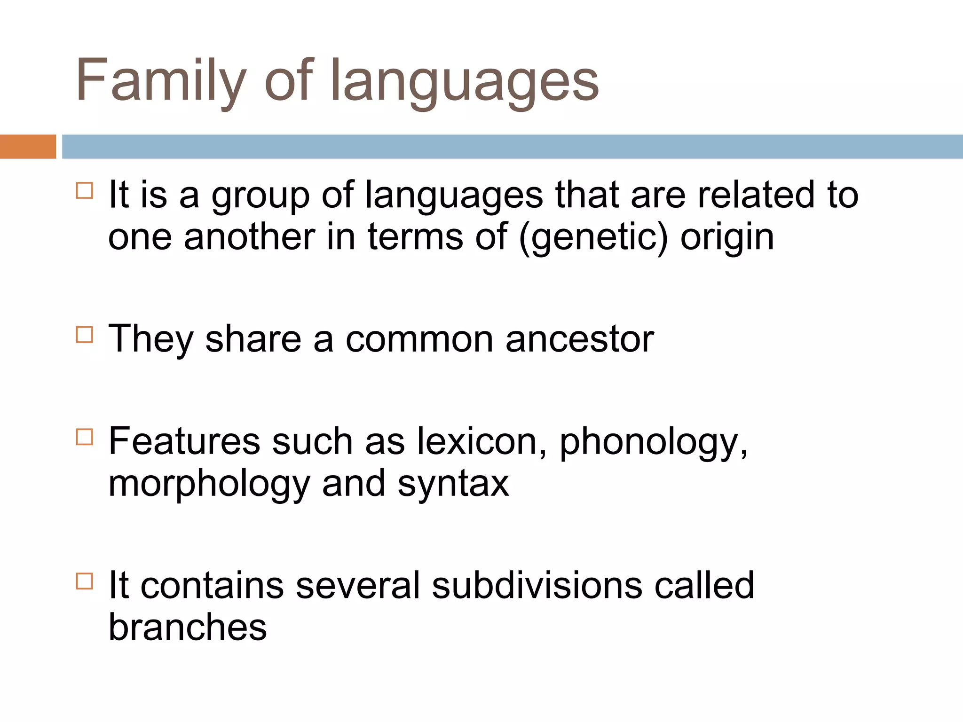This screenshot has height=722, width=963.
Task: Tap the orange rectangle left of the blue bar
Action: (x=28, y=147)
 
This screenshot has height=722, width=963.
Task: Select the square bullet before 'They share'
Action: (x=85, y=335)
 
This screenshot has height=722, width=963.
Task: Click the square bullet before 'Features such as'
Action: (x=85, y=437)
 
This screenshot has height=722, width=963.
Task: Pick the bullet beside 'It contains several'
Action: (x=85, y=581)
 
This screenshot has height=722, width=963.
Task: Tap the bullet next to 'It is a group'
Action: (x=85, y=190)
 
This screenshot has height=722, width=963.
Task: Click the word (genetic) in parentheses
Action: (x=593, y=237)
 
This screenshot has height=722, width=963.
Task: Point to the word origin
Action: (x=727, y=237)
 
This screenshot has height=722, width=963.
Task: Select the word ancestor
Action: (x=579, y=339)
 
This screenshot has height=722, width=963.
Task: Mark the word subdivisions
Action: (x=537, y=586)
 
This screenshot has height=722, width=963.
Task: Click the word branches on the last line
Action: (x=188, y=628)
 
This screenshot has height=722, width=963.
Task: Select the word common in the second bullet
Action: (x=419, y=339)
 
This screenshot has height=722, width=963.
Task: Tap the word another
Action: (x=249, y=237)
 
